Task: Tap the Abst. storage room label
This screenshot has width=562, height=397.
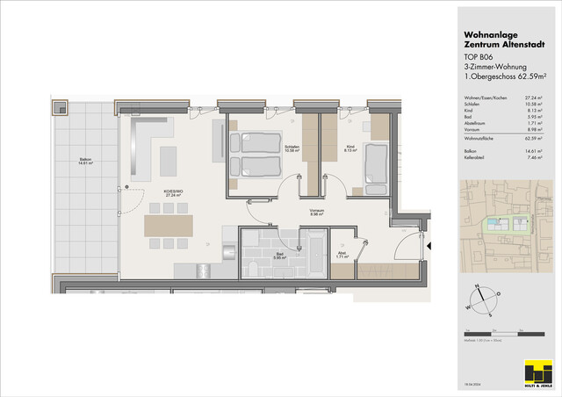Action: click(x=342, y=255)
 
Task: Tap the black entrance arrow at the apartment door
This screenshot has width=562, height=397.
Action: click(x=430, y=247)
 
